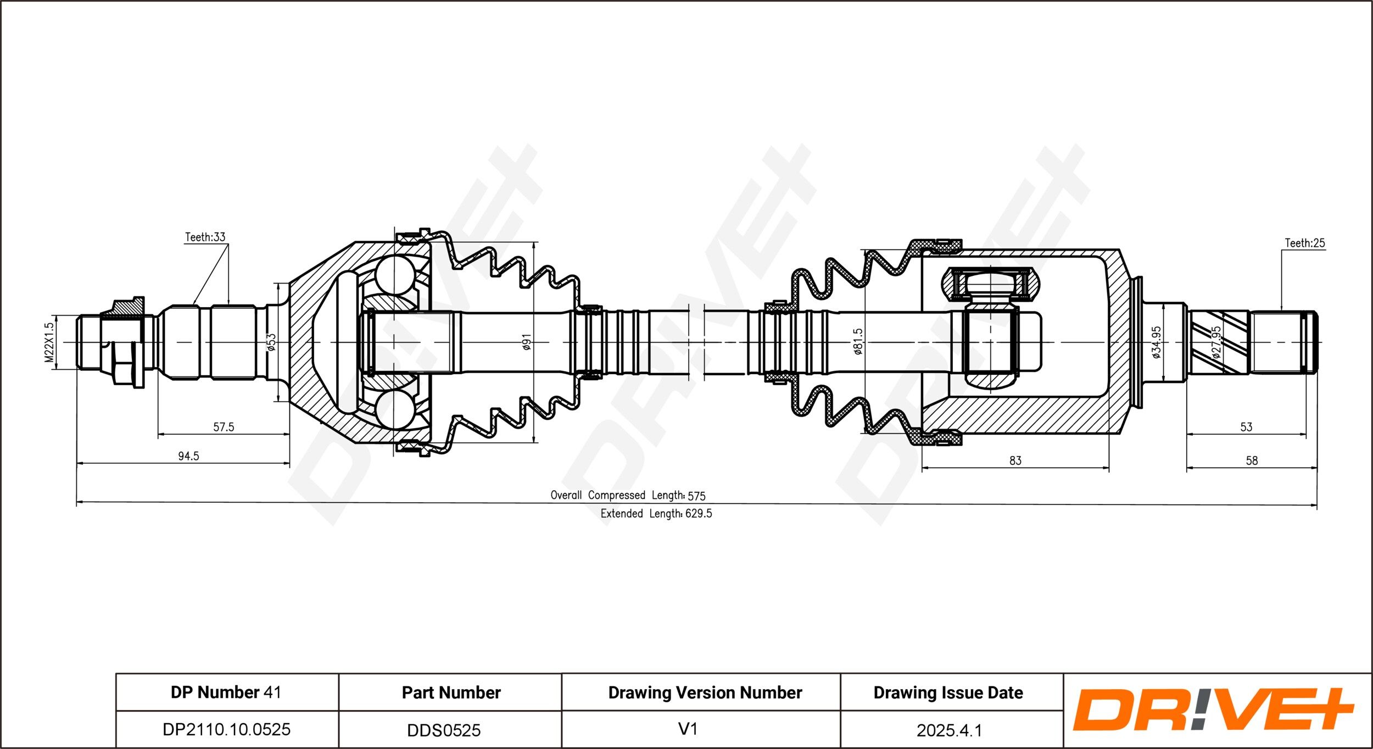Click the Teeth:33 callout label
click(x=205, y=237)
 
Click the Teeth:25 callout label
click(x=1305, y=242)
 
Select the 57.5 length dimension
click(x=224, y=426)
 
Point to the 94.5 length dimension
click(x=188, y=456)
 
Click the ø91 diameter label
click(x=526, y=342)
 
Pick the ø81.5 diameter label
click(x=858, y=341)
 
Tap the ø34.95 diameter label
click(x=1156, y=342)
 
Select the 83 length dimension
click(x=1015, y=460)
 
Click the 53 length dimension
click(x=1246, y=426)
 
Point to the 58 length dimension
click(x=1252, y=460)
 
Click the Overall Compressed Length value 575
click(x=696, y=496)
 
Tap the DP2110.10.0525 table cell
click(x=226, y=729)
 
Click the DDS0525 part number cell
click(x=444, y=730)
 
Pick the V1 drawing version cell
click(x=688, y=729)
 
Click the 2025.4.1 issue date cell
click(x=949, y=730)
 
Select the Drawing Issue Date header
click(x=948, y=692)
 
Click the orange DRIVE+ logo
click(x=1213, y=709)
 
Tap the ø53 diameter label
click(x=271, y=342)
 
